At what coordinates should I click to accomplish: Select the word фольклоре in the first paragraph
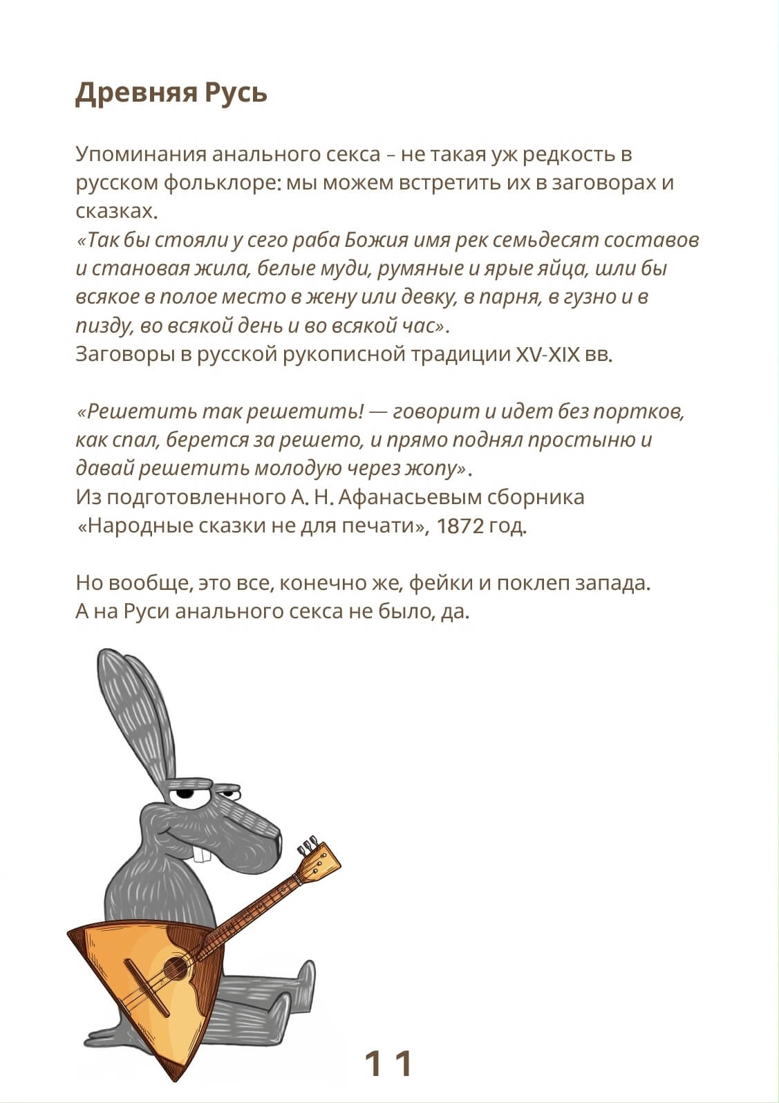(x=223, y=183)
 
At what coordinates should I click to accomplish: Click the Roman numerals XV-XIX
(x=547, y=354)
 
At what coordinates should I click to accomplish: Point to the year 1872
(x=460, y=526)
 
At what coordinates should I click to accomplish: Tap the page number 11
(x=388, y=1063)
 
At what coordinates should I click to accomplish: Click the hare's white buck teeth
(x=202, y=855)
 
